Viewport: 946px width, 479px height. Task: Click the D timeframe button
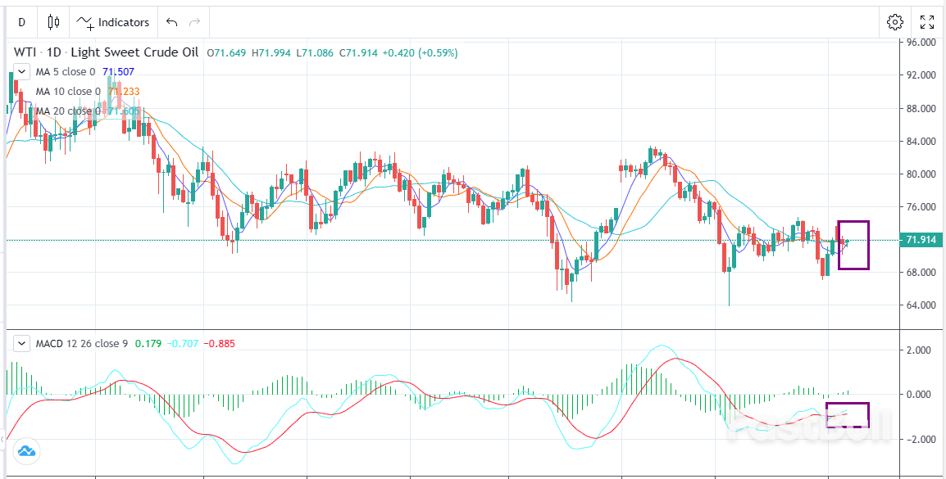pyautogui.click(x=22, y=22)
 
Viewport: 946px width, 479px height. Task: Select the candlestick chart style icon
pyautogui.click(x=54, y=22)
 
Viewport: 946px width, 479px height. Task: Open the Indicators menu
pyautogui.click(x=114, y=22)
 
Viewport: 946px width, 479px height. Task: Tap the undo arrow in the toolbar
pyautogui.click(x=171, y=22)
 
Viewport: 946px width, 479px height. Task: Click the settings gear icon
pyautogui.click(x=895, y=22)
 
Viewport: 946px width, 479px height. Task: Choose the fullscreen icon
pyautogui.click(x=926, y=22)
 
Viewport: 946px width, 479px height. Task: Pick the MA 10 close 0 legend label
pyautogui.click(x=68, y=92)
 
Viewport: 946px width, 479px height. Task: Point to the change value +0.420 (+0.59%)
pyautogui.click(x=420, y=53)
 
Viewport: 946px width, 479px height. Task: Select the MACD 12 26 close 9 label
pyautogui.click(x=81, y=343)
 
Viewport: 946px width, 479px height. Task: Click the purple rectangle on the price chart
pyautogui.click(x=853, y=245)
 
